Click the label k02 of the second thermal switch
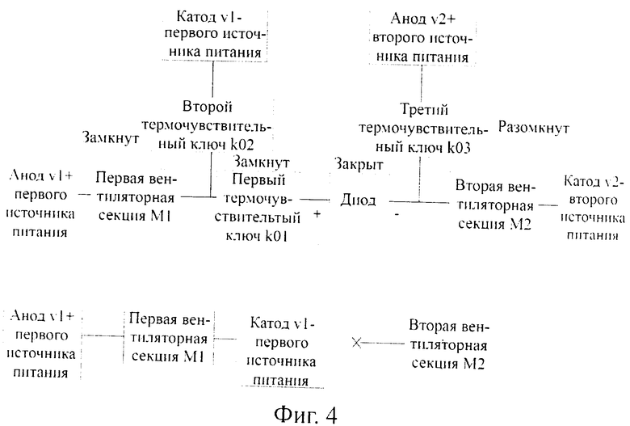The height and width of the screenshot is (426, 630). click(241, 145)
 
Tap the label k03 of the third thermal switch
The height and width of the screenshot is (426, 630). click(459, 148)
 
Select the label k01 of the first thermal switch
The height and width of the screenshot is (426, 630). click(276, 235)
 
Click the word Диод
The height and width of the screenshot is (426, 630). click(358, 200)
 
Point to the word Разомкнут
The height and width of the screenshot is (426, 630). click(534, 128)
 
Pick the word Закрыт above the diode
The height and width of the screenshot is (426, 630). click(359, 164)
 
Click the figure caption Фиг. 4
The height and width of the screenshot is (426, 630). click(306, 414)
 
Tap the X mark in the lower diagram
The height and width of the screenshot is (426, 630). click(356, 343)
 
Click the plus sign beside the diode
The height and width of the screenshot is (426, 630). click(317, 214)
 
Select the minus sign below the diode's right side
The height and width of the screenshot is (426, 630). click(397, 215)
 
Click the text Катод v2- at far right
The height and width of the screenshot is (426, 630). click(594, 181)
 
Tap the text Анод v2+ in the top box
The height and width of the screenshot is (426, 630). click(423, 19)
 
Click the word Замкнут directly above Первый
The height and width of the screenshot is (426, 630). click(261, 162)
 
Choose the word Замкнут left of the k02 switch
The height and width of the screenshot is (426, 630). click(111, 137)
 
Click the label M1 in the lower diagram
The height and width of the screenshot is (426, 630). click(194, 356)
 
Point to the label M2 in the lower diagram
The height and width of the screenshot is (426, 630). click(473, 364)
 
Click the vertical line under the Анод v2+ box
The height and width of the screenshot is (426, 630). click(422, 83)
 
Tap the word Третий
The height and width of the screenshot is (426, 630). click(424, 109)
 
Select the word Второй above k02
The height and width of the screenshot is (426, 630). click(208, 107)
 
